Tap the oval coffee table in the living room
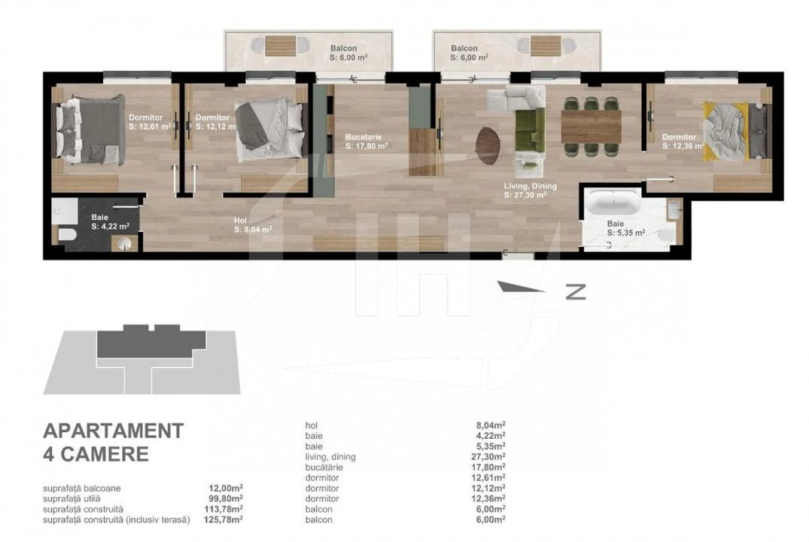[488, 145]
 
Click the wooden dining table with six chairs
[591, 126]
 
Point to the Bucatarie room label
[363, 137]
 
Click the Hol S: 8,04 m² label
[253, 226]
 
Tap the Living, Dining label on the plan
[531, 186]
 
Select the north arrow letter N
[576, 292]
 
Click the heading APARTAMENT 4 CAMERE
[113, 443]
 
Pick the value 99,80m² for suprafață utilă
[226, 498]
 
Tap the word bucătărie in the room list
[324, 467]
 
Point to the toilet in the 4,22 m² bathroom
[66, 234]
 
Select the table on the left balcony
[281, 46]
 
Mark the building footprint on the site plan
[152, 341]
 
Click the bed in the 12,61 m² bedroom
[91, 130]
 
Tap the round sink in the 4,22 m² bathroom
[125, 242]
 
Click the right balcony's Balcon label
[464, 48]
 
